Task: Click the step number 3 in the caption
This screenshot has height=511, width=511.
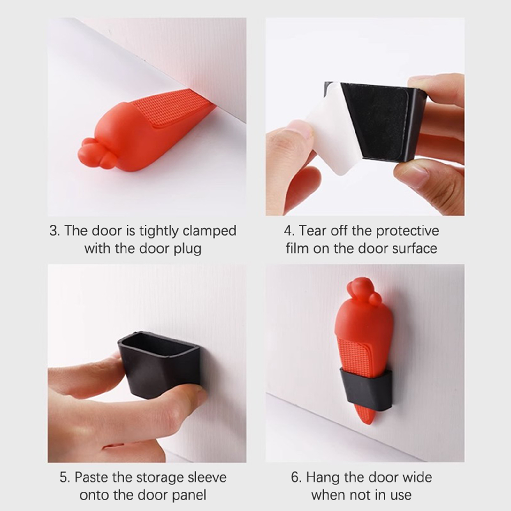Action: point(54,231)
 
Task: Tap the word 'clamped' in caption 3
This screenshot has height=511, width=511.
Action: point(209,231)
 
